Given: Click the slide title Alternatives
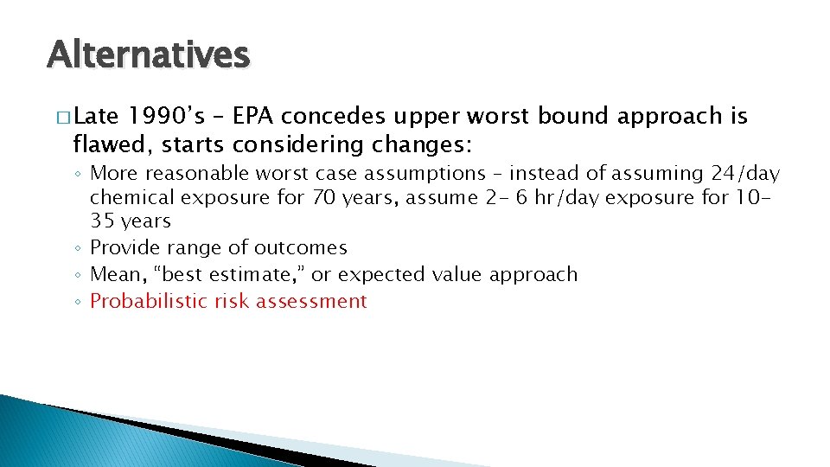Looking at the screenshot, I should (148, 55).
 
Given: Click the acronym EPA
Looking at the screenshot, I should (256, 117).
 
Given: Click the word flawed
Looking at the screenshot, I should (105, 141).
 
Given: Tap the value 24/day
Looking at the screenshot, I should (747, 175).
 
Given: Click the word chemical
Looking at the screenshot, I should (129, 198).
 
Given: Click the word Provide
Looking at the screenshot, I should (121, 248).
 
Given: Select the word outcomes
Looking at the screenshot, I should (301, 248).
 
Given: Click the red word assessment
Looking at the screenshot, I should (315, 302).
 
